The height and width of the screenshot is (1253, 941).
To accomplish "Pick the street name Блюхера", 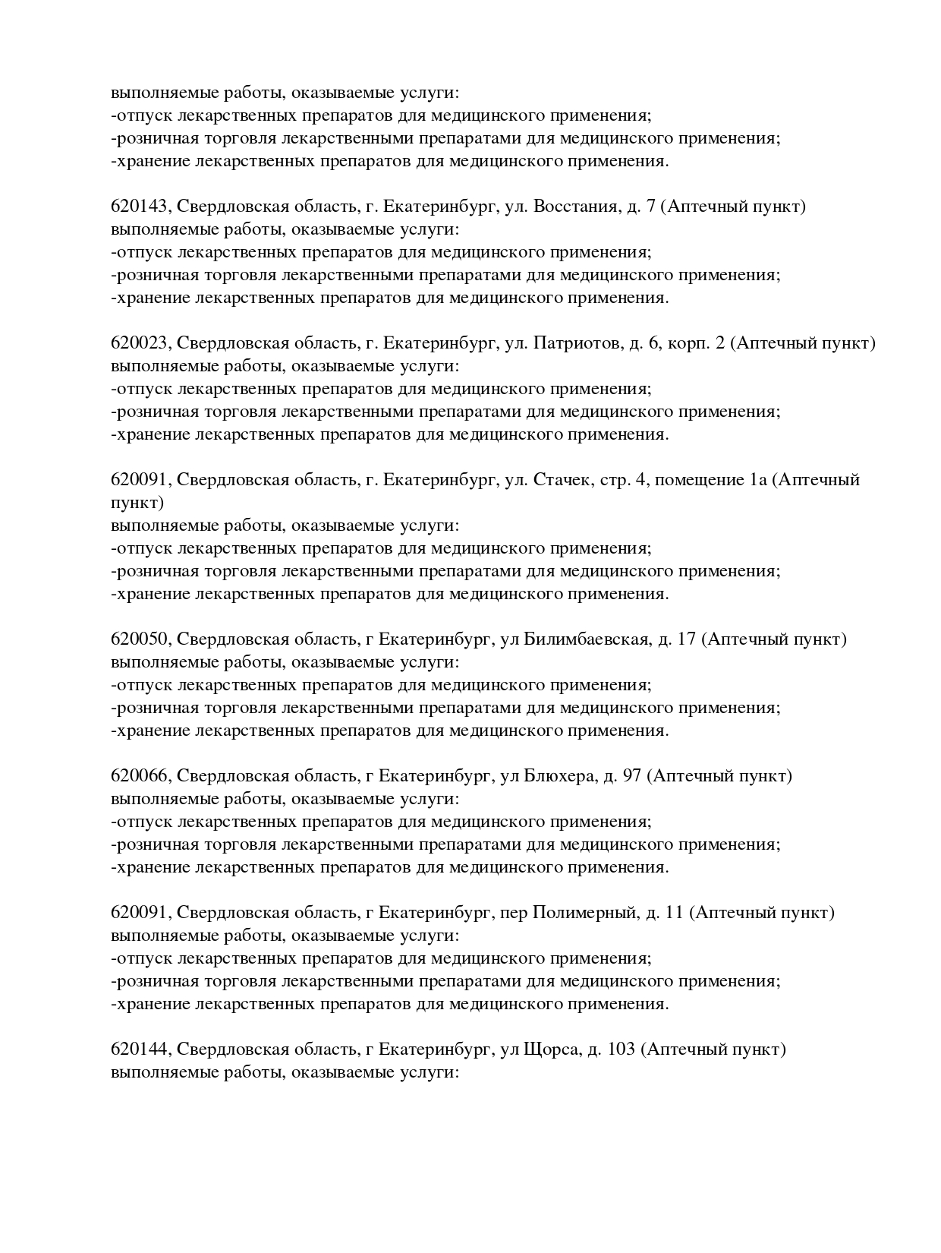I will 559,776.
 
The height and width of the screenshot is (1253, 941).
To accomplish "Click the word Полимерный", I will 584,913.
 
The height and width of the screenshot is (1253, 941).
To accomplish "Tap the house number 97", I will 631,776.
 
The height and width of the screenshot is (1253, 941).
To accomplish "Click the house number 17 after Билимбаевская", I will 686,639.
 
